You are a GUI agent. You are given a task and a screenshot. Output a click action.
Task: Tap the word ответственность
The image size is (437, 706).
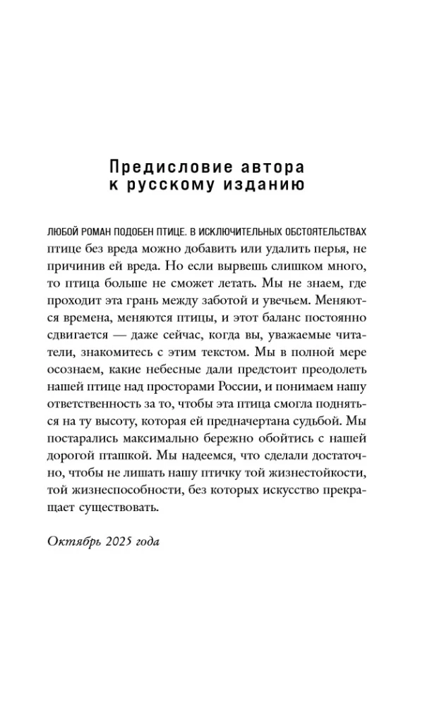114,417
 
